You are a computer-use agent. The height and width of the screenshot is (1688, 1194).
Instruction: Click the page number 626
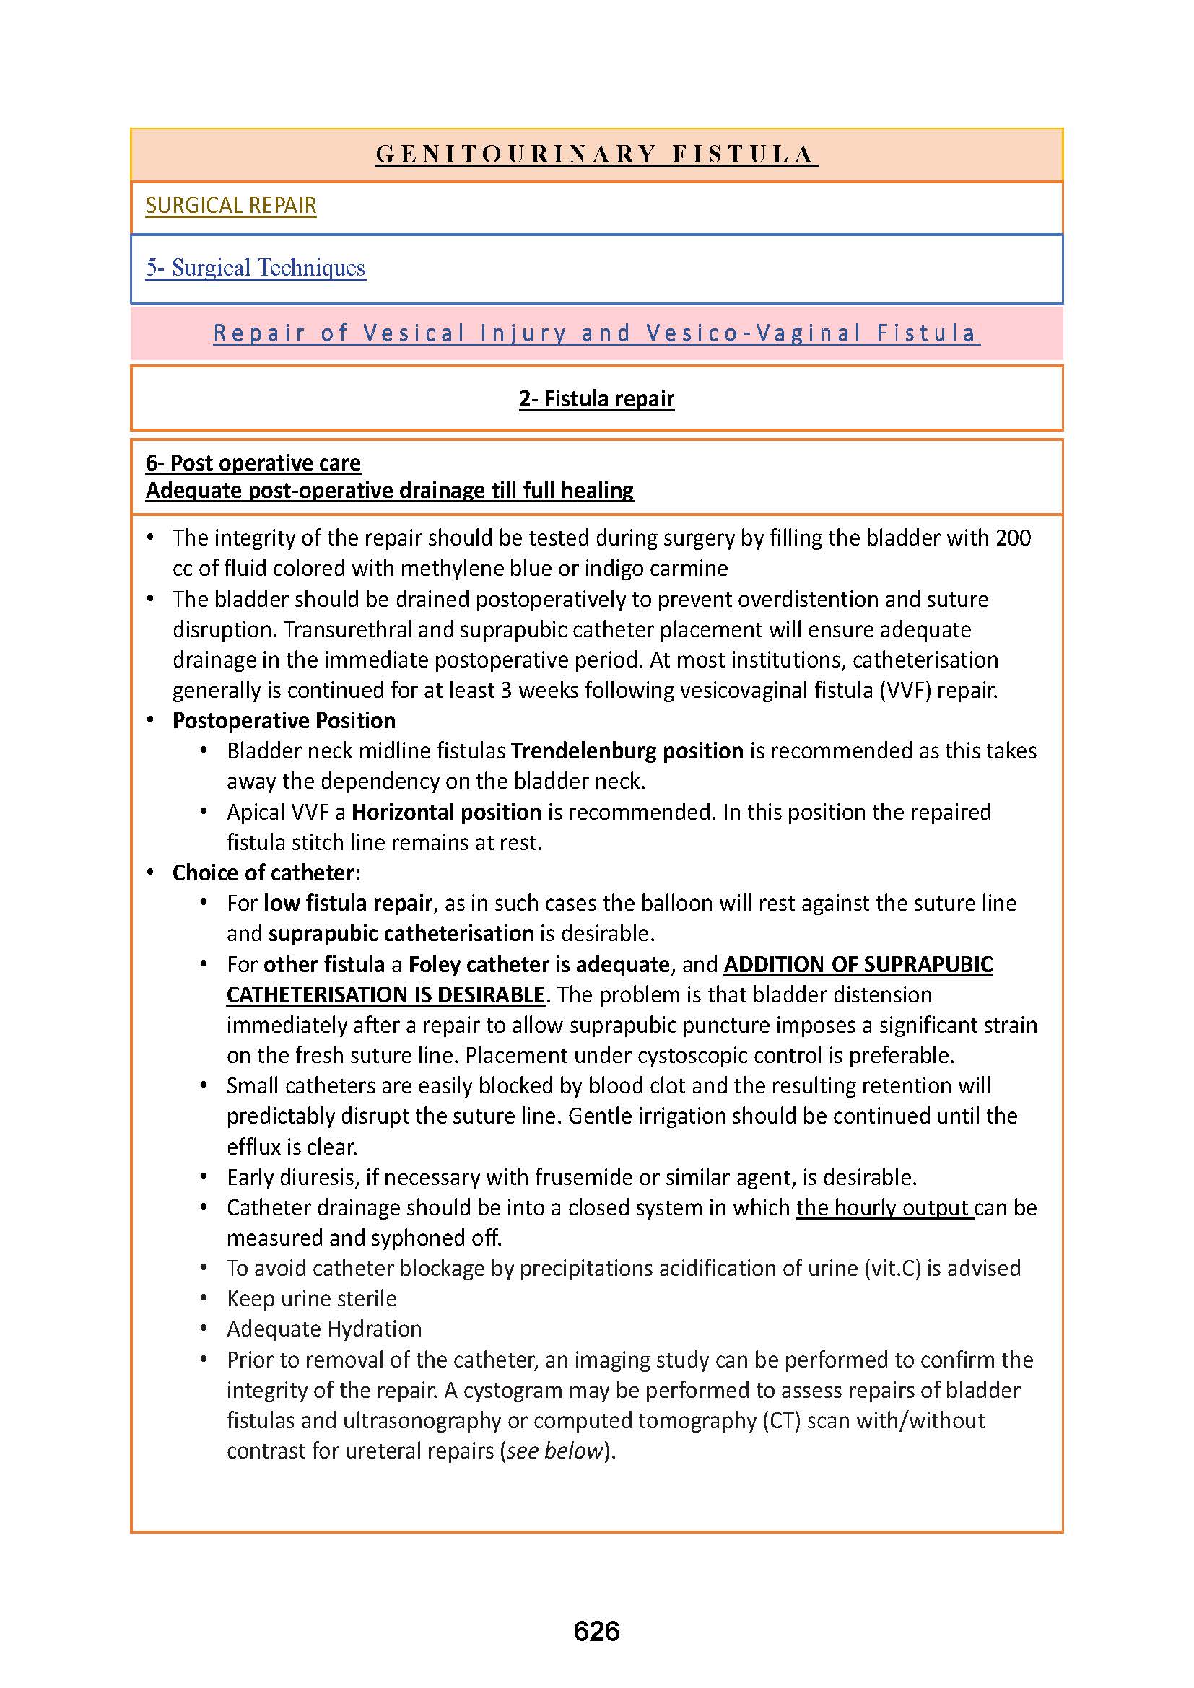point(596,1631)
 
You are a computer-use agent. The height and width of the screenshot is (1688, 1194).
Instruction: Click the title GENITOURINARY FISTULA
point(596,154)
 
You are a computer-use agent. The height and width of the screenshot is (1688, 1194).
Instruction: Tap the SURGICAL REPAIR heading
point(231,205)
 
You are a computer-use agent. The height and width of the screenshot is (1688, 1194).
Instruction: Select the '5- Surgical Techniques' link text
point(255,268)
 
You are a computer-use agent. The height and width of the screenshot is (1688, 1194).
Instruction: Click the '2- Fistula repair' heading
point(596,398)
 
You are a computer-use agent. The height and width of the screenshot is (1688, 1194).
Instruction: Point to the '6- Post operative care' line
point(253,463)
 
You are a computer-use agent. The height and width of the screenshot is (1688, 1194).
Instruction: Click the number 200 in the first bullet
point(1012,538)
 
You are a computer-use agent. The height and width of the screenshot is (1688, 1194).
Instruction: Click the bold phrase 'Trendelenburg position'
point(627,751)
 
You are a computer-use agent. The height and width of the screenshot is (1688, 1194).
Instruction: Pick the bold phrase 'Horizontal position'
point(446,812)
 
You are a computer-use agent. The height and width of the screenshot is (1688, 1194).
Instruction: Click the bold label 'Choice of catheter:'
point(266,873)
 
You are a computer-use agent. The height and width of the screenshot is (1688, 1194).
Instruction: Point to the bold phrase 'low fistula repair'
point(348,903)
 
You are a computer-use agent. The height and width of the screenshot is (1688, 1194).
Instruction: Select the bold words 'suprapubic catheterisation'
point(401,933)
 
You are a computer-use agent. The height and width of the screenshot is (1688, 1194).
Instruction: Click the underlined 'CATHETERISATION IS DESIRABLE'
point(385,994)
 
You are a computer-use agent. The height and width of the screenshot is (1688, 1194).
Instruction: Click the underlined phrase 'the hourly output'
point(884,1208)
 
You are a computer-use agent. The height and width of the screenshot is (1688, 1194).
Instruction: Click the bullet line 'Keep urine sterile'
point(312,1298)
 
